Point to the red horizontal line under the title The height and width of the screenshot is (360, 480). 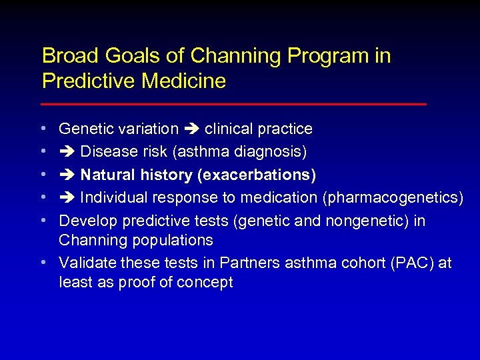233,105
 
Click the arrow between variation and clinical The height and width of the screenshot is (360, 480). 191,129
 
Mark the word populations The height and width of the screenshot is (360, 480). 172,240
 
